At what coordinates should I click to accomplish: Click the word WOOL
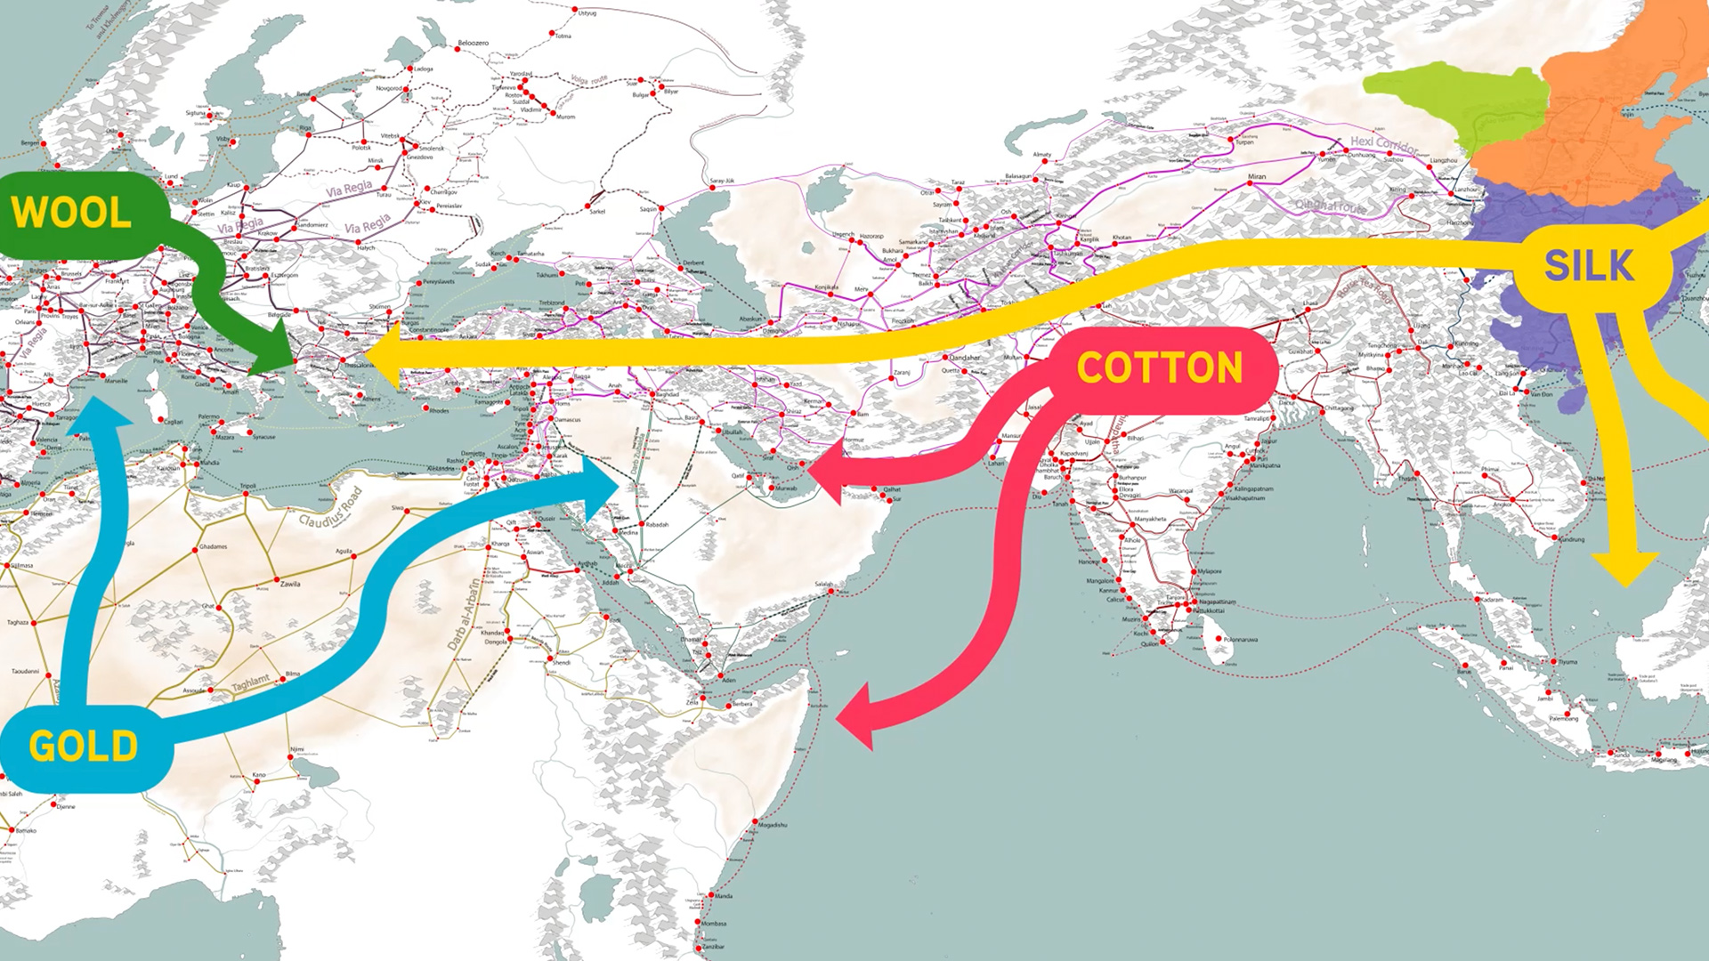71,213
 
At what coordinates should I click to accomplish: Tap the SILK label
1589,266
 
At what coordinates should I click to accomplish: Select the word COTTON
1159,368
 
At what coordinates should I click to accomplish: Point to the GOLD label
84,747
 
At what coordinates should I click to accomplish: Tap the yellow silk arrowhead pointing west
383,354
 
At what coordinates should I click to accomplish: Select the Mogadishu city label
773,825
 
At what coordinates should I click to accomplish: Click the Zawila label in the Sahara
290,584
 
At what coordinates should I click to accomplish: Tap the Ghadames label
213,546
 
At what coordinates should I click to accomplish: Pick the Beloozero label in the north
473,43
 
